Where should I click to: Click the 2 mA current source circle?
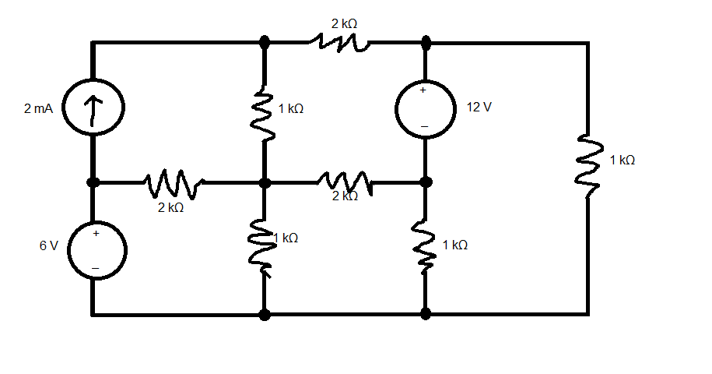coord(92,108)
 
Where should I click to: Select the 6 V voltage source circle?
coord(92,249)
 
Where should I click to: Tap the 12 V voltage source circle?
coord(425,108)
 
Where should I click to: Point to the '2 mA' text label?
coord(39,109)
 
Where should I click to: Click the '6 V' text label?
coord(48,245)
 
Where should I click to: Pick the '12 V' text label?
coord(479,107)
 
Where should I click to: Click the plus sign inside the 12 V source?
coord(424,90)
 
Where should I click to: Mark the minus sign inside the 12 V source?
coord(424,125)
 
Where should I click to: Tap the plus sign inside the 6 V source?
coord(96,232)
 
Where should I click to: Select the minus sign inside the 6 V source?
coord(96,267)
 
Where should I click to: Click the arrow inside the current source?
coord(92,108)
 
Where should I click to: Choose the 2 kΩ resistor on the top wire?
coord(339,43)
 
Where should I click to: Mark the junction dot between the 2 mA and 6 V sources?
coord(93,182)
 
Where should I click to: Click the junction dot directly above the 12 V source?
coord(425,43)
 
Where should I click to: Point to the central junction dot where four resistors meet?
coord(265,182)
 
